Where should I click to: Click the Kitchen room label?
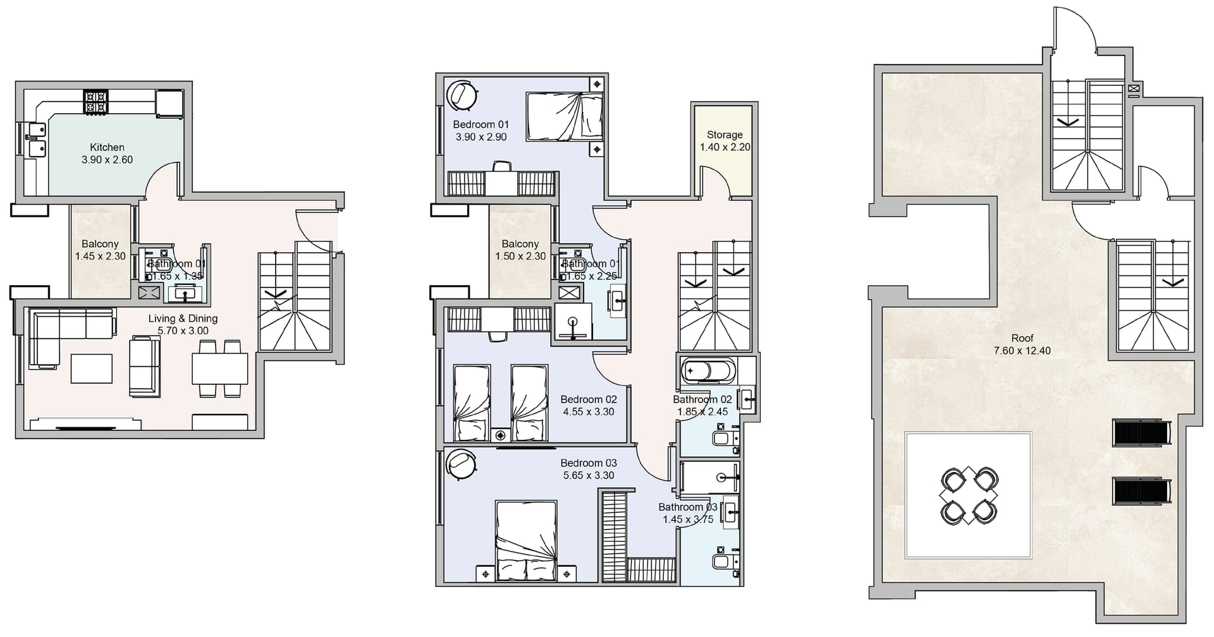click(x=107, y=147)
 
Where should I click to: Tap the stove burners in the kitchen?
click(x=96, y=102)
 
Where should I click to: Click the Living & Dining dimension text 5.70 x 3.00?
click(x=183, y=331)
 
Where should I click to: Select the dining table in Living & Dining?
click(x=220, y=368)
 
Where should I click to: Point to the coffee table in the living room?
click(x=92, y=368)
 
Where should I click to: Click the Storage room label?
click(x=725, y=135)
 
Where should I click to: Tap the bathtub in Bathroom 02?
click(x=709, y=371)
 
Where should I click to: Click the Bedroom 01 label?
click(x=481, y=124)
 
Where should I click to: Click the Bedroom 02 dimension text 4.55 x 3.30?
click(x=588, y=411)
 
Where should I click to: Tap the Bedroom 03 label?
click(x=588, y=463)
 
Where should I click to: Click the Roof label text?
click(x=1022, y=339)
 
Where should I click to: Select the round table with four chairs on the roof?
click(x=969, y=495)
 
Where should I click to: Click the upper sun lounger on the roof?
click(x=1141, y=433)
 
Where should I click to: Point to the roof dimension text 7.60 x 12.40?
click(x=1022, y=351)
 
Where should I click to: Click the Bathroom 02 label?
click(x=702, y=399)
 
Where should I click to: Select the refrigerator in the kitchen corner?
click(x=169, y=104)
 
